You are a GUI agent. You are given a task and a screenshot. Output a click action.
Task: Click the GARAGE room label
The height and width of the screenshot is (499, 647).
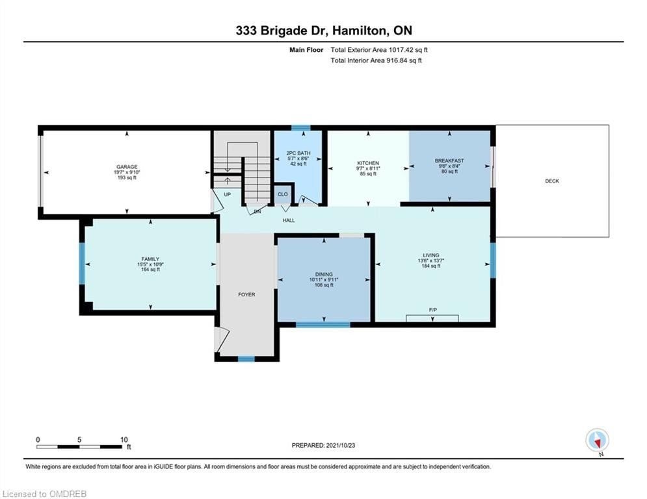[x=127, y=167]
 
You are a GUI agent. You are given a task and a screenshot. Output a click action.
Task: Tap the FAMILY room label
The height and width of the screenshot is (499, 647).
[x=150, y=259]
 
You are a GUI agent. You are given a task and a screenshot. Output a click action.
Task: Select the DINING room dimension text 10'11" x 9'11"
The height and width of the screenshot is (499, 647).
[x=324, y=279]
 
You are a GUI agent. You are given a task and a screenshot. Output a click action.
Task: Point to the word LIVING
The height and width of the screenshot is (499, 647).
[x=430, y=255]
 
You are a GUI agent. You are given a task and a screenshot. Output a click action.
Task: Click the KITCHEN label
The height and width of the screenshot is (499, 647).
[x=368, y=163]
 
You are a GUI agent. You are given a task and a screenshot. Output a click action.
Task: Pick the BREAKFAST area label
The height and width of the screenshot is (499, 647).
[x=449, y=161]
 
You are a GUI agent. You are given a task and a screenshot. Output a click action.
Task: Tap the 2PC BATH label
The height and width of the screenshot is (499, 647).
[x=298, y=153]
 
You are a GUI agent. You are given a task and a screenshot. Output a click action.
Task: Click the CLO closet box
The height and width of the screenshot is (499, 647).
[x=283, y=195]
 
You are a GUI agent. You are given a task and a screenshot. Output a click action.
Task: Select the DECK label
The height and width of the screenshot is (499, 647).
[x=552, y=181]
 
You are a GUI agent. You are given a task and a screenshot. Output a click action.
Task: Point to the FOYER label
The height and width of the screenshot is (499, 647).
[x=246, y=294]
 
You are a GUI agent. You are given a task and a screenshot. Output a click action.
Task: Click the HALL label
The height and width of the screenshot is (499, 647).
[x=289, y=220]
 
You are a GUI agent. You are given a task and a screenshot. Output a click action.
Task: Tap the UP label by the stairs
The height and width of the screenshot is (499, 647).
[x=228, y=194]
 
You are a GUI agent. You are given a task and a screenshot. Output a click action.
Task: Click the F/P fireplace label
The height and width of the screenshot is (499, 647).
[x=433, y=310]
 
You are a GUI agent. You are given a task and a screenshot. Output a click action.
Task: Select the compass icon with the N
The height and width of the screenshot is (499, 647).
[x=597, y=441]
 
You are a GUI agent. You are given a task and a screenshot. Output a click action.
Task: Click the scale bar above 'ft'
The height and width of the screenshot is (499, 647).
[x=79, y=446]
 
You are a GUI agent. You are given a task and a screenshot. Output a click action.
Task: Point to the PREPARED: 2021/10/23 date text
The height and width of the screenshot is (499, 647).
[x=324, y=445]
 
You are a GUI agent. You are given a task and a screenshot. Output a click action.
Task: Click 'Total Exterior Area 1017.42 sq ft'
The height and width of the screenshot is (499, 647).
[x=379, y=50]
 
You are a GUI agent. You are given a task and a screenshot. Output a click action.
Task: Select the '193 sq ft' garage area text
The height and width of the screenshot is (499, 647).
[x=127, y=178]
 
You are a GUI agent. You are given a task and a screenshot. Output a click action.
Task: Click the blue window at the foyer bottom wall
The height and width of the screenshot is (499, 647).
[x=246, y=359]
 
